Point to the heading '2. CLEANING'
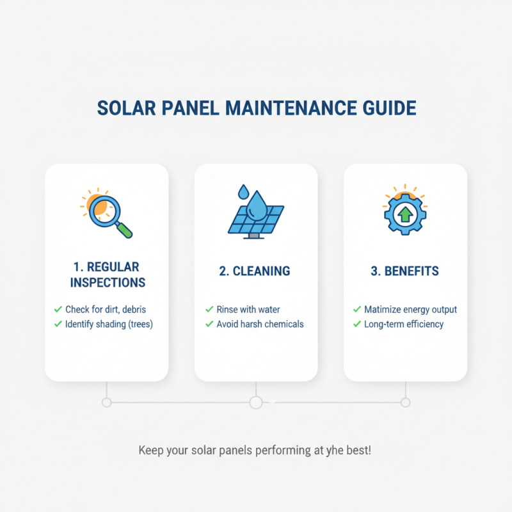255,271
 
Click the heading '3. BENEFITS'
405,271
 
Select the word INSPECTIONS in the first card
108,282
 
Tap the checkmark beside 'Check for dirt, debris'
58,310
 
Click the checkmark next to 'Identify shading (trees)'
58,324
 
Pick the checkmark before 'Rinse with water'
209,310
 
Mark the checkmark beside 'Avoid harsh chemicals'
209,324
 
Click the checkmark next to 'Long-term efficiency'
357,324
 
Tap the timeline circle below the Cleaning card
256,403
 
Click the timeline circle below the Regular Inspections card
107,403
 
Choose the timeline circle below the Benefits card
405,403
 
